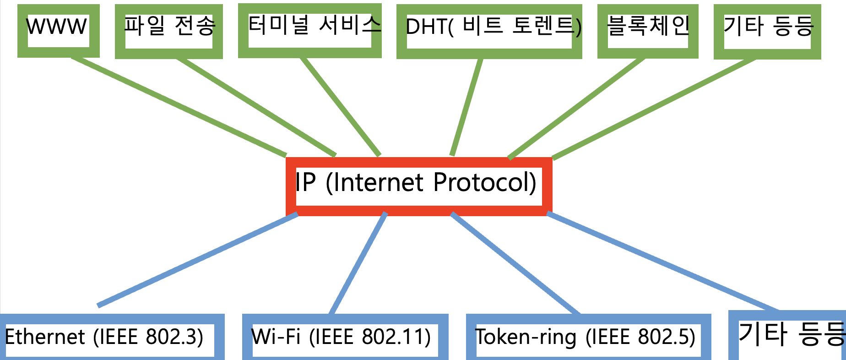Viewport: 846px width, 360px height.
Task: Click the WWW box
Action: [x=58, y=31]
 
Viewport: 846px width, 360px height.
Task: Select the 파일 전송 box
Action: [x=168, y=31]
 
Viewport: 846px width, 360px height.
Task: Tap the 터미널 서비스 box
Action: [x=309, y=31]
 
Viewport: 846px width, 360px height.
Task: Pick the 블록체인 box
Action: [x=648, y=31]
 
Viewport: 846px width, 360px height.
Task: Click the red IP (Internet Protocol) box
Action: [x=418, y=186]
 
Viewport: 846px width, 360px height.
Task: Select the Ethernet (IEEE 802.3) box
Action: [x=110, y=337]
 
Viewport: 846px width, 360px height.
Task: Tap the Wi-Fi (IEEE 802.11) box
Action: [x=345, y=337]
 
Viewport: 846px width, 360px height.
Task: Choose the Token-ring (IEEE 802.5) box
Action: [x=588, y=337]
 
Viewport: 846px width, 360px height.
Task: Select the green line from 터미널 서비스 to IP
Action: [x=340, y=106]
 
